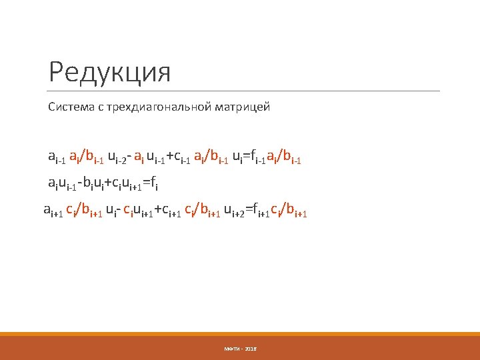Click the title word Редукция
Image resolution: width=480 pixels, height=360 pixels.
click(110, 72)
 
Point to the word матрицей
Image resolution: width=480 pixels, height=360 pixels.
click(245, 107)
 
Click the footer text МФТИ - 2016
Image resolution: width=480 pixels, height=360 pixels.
click(240, 349)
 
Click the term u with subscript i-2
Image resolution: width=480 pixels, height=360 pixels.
click(117, 157)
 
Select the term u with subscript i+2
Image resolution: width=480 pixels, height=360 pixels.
click(234, 212)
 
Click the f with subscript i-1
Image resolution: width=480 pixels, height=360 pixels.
click(256, 157)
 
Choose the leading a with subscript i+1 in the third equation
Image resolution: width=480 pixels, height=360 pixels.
click(51, 212)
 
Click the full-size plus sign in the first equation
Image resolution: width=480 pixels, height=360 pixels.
click(169, 157)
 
